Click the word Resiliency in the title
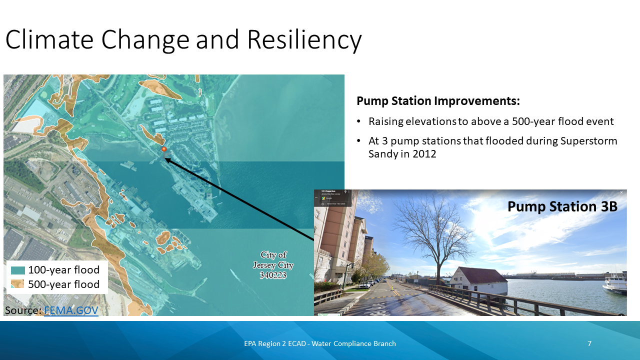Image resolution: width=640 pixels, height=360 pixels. pyautogui.click(x=304, y=40)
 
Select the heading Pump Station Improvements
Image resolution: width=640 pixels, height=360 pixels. pyautogui.click(x=438, y=101)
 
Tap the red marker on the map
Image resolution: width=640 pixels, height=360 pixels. pyautogui.click(x=163, y=149)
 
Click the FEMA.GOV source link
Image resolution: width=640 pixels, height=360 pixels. pyautogui.click(x=71, y=310)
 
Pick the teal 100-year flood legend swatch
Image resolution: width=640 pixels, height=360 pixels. pyautogui.click(x=18, y=270)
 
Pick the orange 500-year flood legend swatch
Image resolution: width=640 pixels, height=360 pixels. pyautogui.click(x=18, y=284)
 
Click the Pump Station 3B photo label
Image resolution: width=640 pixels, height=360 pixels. pyautogui.click(x=562, y=206)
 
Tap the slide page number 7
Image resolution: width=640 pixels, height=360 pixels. pyautogui.click(x=589, y=343)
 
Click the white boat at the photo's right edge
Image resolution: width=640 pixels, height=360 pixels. pyautogui.click(x=615, y=284)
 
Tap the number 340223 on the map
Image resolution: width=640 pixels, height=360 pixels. pyautogui.click(x=273, y=275)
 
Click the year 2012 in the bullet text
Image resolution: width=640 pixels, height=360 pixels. pyautogui.click(x=424, y=154)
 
